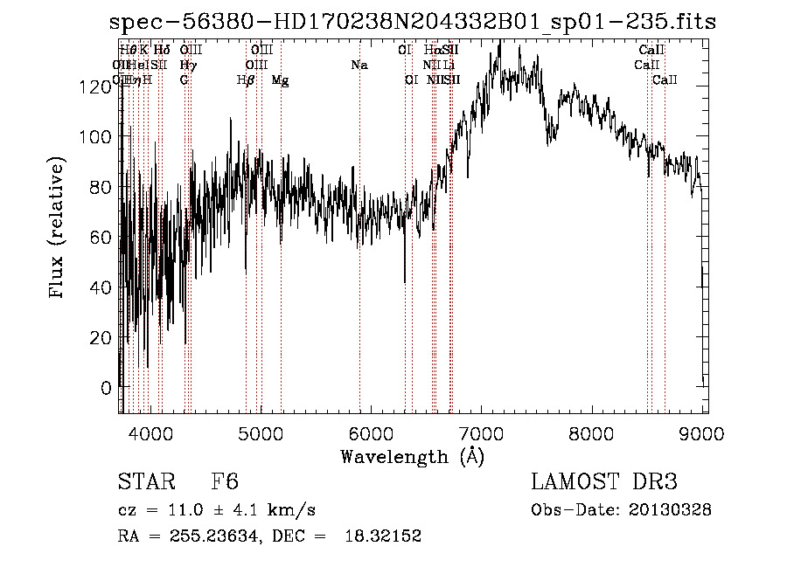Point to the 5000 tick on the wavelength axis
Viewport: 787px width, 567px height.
[261, 432]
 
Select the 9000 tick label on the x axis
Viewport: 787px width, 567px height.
[703, 432]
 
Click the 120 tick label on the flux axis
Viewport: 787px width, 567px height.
[92, 86]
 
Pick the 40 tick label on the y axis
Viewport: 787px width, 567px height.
[97, 287]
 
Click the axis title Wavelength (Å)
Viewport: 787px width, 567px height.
[412, 456]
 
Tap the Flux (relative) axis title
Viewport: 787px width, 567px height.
[59, 228]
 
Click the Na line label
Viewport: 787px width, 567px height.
[359, 66]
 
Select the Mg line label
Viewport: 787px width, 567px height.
[280, 80]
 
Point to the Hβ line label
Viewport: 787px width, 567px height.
[246, 80]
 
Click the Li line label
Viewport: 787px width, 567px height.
[449, 66]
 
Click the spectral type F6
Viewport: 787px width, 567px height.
[225, 482]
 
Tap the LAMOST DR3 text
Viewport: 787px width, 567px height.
[604, 482]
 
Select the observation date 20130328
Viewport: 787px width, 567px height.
[673, 509]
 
